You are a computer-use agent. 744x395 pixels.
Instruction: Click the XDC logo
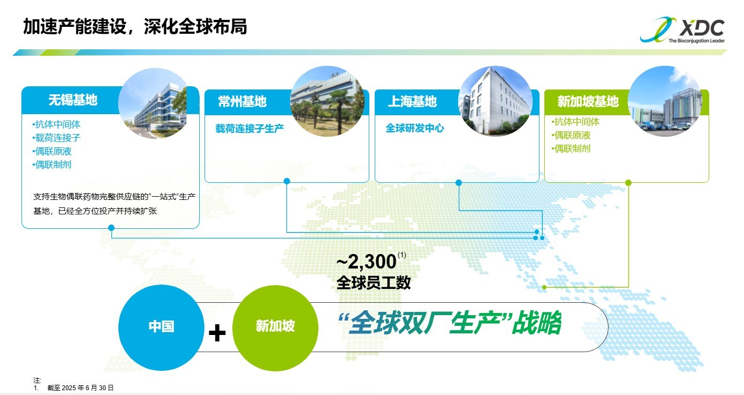point(682,30)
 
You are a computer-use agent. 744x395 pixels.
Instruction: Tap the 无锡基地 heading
point(73,100)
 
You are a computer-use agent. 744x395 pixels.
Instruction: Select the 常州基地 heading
point(242,101)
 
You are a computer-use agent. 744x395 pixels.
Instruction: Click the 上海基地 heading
point(412,101)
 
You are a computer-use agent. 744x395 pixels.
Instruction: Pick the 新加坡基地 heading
point(588,101)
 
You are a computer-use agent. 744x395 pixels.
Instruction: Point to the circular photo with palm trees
point(328,101)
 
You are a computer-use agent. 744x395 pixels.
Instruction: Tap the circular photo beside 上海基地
point(495,101)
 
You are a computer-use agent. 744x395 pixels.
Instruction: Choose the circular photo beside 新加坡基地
point(665,101)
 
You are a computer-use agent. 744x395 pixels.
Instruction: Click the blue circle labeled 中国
point(162,327)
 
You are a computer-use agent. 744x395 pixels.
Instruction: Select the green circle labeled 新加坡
point(275,328)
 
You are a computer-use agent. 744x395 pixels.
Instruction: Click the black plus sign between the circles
point(217,333)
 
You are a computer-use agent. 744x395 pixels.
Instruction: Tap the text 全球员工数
point(374,283)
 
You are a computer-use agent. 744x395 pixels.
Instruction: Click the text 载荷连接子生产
point(249,128)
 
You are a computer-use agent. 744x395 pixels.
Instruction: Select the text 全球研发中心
point(414,128)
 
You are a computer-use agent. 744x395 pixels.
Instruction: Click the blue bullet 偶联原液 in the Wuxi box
point(52,151)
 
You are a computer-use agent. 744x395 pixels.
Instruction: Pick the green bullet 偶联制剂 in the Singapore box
point(571,148)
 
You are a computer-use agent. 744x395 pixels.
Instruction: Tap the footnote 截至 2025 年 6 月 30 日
point(80,388)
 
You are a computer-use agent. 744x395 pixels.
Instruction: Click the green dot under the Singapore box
point(628,183)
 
